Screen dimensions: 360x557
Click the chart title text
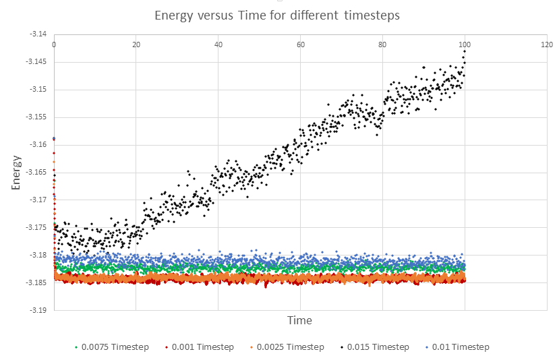tap(277, 15)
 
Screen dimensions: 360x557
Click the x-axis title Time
tap(299, 320)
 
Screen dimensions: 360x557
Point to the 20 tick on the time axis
tap(136, 44)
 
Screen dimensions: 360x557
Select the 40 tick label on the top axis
tap(218, 44)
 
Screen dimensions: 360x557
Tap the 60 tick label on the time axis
tap(301, 44)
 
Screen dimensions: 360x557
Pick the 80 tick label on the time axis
tap(382, 44)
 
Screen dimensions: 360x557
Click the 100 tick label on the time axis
tap(465, 44)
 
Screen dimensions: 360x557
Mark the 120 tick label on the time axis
tap(547, 44)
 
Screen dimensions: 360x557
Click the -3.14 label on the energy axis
tap(38, 34)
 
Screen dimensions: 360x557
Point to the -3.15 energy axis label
tap(38, 89)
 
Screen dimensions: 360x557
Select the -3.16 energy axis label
tap(38, 144)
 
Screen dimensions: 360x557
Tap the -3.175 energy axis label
tap(36, 227)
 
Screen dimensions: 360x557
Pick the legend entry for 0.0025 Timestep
tap(293, 347)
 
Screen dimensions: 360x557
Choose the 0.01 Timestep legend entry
tap(461, 347)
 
